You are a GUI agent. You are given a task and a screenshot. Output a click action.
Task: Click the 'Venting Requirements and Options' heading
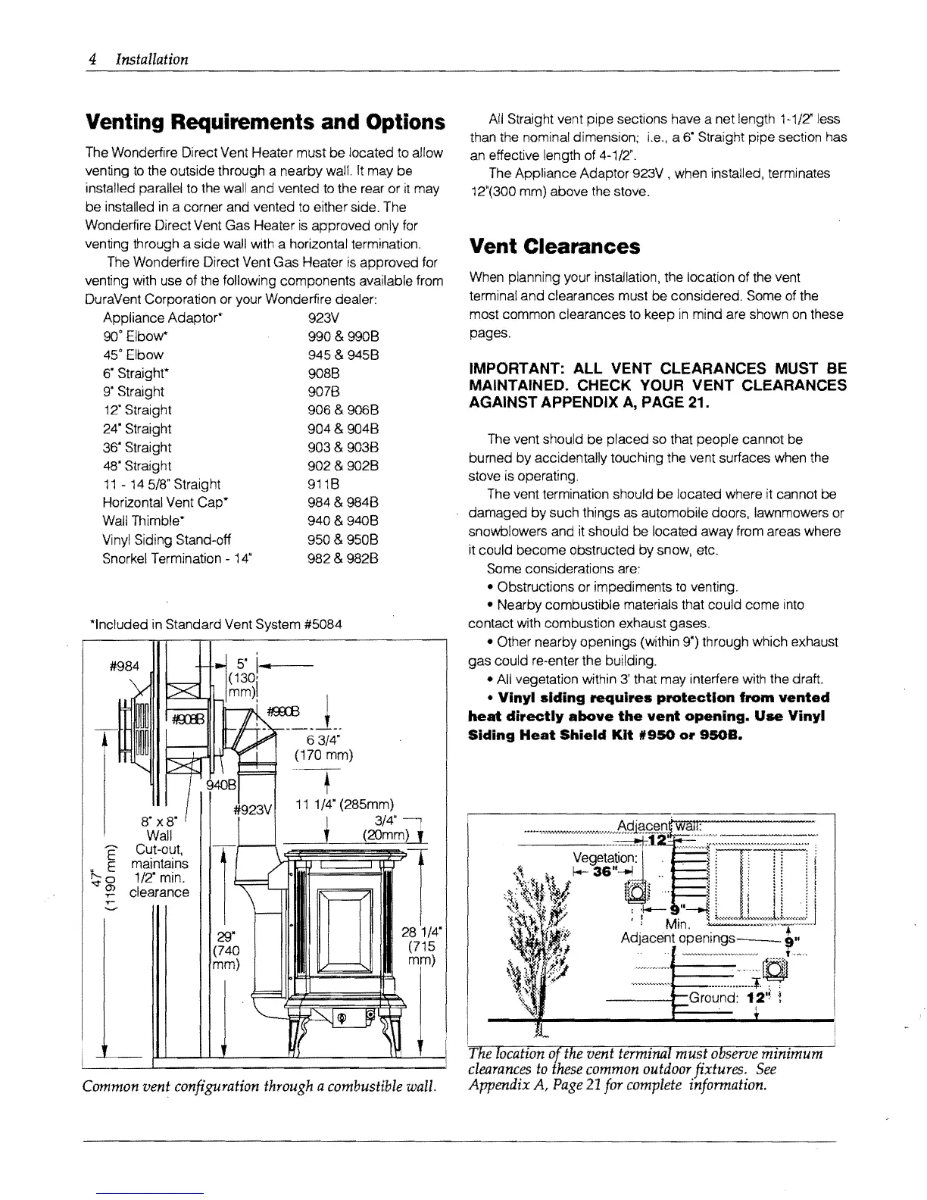pyautogui.click(x=264, y=122)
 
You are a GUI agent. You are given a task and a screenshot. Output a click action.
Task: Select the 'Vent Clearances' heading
pyautogui.click(x=554, y=247)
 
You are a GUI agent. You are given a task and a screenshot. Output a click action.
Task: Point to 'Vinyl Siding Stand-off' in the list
pyautogui.click(x=167, y=539)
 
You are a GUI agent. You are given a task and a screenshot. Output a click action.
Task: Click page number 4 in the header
pyautogui.click(x=89, y=59)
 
